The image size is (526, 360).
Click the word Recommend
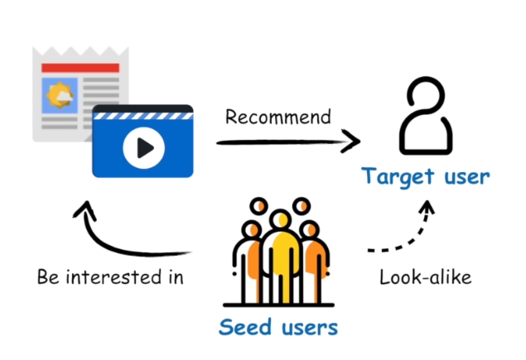278,116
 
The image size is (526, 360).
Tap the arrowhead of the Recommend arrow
355,141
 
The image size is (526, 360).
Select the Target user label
425,176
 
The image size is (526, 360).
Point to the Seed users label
278,327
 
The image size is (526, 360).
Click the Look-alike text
425,276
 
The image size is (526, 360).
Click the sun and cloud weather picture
60,97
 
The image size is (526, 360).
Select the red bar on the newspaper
80,67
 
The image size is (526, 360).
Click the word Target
395,176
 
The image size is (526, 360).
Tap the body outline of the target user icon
424,137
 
